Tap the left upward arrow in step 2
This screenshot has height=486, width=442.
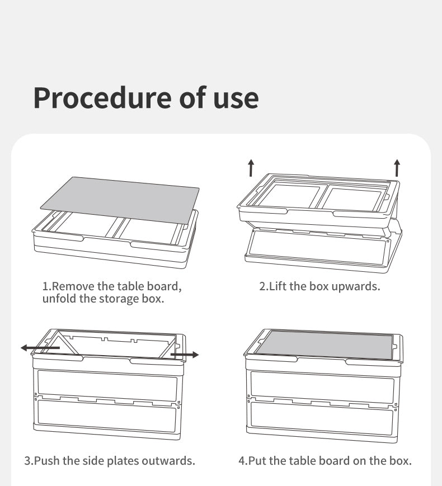251,168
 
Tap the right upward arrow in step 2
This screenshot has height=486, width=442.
397,168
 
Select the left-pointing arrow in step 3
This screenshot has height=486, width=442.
40,348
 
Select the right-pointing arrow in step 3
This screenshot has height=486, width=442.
185,355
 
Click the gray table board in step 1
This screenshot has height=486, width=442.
120,200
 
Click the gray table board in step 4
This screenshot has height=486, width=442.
325,345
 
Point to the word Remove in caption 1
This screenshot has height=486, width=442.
73,286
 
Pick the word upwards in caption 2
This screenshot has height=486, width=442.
355,287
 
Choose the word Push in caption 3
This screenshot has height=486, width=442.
47,461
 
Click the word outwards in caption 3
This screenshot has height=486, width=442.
168,461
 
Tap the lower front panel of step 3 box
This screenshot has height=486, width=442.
106,416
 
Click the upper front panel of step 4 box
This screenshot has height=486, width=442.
322,387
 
